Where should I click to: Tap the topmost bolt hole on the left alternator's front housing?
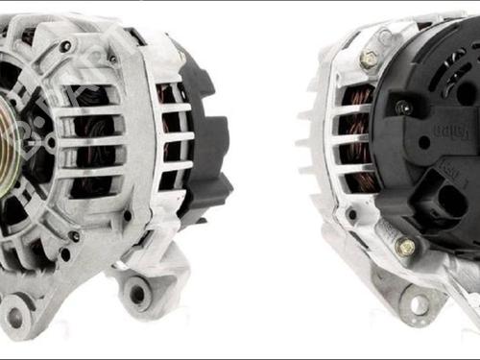pyautogui.click(x=65, y=46)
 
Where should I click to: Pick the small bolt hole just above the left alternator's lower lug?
pyautogui.click(x=74, y=236)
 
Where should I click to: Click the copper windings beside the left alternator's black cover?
pyautogui.click(x=171, y=134)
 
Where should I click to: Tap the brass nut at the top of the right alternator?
pyautogui.click(x=370, y=60)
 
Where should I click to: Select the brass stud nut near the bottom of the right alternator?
pyautogui.click(x=405, y=248)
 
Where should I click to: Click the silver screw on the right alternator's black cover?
pyautogui.click(x=404, y=108)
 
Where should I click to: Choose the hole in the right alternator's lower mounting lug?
pyautogui.click(x=420, y=306)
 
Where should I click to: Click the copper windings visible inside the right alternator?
pyautogui.click(x=357, y=134)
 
